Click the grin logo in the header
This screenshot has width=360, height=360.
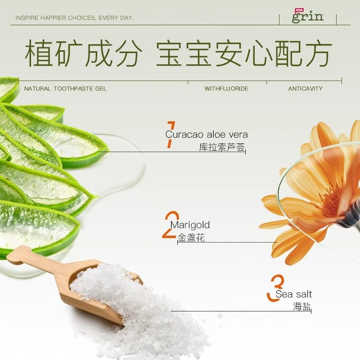tap(308, 17)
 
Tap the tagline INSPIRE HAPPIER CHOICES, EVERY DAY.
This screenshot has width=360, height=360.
tap(75, 18)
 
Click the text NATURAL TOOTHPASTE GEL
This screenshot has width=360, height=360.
tap(65, 89)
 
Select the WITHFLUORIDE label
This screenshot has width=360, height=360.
tap(226, 89)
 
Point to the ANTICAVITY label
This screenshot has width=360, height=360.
tap(306, 89)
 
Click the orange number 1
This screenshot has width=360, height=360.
tap(170, 134)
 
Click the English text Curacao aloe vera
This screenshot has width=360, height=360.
tap(207, 134)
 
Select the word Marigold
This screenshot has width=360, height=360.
tap(190, 225)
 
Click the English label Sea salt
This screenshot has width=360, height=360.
tap(294, 294)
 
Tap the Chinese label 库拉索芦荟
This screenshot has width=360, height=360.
tap(222, 147)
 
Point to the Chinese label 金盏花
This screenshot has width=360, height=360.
tap(191, 238)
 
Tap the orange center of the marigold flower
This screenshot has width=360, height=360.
tap(334, 202)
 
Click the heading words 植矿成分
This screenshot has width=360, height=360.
tap(83, 54)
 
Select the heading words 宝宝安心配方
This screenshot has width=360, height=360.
tap(244, 54)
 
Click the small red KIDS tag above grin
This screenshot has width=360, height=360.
tap(299, 9)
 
